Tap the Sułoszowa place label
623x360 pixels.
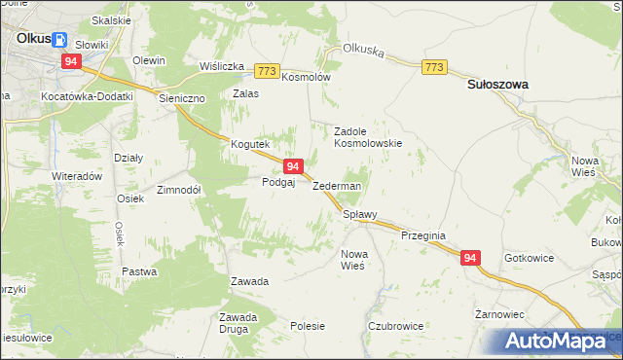point(497,85)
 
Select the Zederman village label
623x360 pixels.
point(337,186)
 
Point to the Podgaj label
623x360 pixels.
point(277,182)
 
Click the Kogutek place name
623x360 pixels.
point(249,145)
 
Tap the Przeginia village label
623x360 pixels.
point(422,235)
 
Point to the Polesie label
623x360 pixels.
point(307,326)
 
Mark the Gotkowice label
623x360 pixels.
point(530,259)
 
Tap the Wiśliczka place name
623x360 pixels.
point(221,66)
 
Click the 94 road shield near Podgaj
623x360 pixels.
point(293,167)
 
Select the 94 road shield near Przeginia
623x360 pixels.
point(470,258)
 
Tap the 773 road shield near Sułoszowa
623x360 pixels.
point(434,66)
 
